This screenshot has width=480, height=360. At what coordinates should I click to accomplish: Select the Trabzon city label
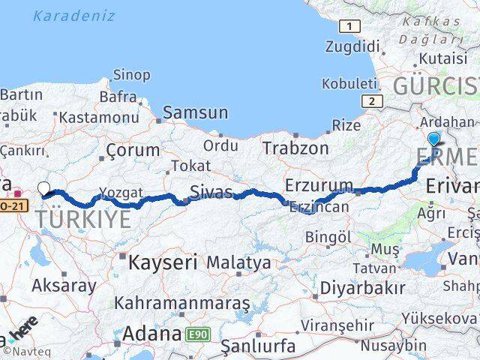point(296,148)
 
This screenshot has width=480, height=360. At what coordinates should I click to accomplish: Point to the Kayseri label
point(162,262)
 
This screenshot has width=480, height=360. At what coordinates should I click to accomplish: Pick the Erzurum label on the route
point(319,185)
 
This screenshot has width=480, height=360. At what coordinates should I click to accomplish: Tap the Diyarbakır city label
point(362,287)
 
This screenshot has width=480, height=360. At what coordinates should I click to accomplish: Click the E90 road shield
point(199,331)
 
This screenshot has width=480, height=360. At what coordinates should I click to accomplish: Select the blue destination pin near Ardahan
point(434,139)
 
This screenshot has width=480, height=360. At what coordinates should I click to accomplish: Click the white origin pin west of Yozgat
point(43,189)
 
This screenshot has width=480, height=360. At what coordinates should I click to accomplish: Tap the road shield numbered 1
point(349,27)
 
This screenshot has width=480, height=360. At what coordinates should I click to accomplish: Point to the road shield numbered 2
point(370,100)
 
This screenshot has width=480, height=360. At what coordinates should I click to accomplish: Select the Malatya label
point(238,262)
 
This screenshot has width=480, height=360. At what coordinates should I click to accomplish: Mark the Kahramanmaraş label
point(182,304)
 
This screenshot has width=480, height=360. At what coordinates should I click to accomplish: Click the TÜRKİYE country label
point(82,219)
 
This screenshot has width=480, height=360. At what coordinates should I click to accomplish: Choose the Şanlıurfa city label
point(259,346)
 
